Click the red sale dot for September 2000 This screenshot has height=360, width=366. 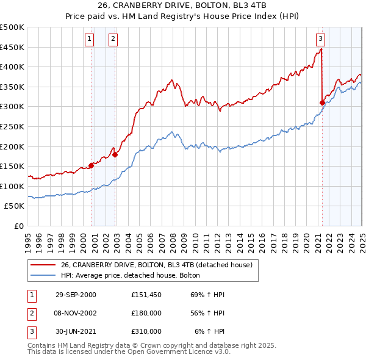pos(91,165)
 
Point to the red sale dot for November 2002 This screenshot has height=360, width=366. pos(115,154)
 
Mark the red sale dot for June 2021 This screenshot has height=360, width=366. pos(322,103)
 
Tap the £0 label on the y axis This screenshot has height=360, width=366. pos(19,226)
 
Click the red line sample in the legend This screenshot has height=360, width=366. pos(43,265)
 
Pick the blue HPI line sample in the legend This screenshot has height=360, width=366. pos(43,276)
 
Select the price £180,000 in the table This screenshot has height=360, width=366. pos(146,313)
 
